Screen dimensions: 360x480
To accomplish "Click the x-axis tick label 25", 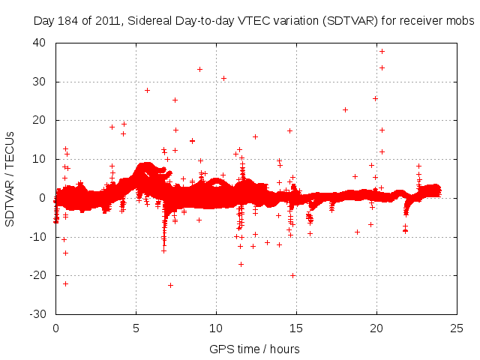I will click(457, 328).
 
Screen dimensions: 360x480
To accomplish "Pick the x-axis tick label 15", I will click(296, 328).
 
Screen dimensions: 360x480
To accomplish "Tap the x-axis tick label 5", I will click(136, 328).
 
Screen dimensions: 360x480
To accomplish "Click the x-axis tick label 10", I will click(216, 328).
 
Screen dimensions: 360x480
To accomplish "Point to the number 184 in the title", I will click(67, 22).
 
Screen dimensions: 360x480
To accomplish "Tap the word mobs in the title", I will click(461, 22).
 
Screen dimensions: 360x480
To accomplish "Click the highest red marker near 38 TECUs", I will click(382, 51).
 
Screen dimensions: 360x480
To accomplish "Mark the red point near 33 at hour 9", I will click(199, 69).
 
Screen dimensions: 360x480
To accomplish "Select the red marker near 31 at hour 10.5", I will click(223, 78).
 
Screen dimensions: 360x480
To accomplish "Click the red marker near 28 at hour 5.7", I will click(147, 90).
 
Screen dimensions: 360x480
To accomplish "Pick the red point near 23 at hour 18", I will click(345, 109).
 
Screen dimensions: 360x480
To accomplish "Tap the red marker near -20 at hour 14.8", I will click(292, 275).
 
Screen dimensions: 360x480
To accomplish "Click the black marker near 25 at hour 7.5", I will click(175, 100).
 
